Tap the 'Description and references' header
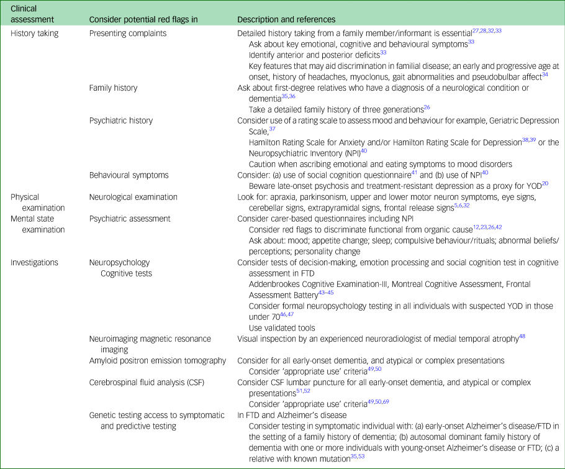(x=286, y=19)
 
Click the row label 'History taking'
(x=35, y=33)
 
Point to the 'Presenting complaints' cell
(x=128, y=33)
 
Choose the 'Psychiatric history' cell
(x=121, y=121)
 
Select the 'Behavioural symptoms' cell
(x=129, y=175)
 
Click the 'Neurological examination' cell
(x=133, y=197)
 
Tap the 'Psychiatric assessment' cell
(x=129, y=219)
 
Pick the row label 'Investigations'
(x=35, y=262)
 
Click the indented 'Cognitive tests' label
(x=126, y=273)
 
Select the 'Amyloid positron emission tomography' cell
(x=158, y=360)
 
